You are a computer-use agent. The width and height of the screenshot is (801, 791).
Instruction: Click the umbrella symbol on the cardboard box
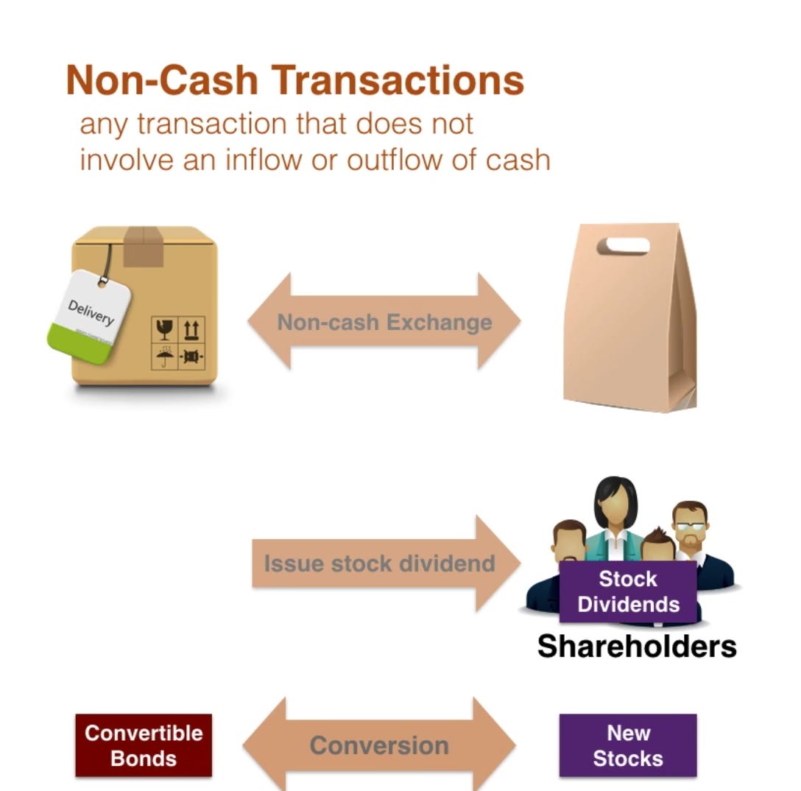click(x=164, y=358)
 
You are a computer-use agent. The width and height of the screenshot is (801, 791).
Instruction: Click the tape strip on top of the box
click(x=144, y=245)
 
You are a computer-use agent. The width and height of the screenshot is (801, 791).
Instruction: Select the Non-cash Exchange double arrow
click(x=384, y=322)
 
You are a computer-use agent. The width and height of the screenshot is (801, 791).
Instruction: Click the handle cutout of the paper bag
click(x=623, y=245)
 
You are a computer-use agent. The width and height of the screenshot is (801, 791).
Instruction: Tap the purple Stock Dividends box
click(x=628, y=591)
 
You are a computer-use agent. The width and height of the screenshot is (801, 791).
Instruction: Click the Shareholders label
click(x=637, y=646)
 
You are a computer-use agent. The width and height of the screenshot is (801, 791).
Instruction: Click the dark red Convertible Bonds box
click(x=144, y=745)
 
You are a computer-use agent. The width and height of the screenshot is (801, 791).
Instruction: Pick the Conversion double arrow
click(x=380, y=745)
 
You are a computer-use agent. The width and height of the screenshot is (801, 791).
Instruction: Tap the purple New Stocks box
click(x=628, y=745)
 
